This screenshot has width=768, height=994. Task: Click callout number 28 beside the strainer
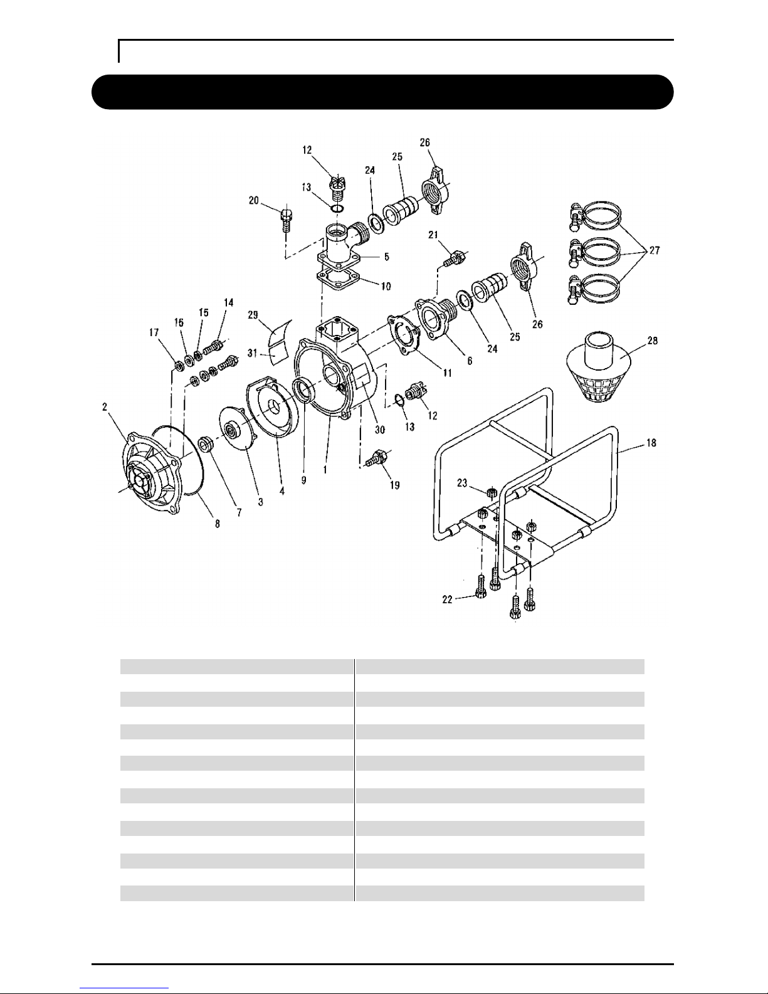tap(653, 341)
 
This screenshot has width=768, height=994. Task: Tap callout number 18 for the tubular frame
tap(651, 443)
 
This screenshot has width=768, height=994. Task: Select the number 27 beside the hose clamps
tap(655, 250)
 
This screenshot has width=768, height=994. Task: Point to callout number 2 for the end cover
tap(105, 406)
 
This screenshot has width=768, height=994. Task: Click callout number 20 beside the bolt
tap(254, 200)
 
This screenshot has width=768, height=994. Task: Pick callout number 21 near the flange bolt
tap(433, 235)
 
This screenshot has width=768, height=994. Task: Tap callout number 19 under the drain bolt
tap(394, 485)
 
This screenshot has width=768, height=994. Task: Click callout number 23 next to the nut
tap(462, 483)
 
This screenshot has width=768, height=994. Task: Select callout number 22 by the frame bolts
tap(447, 600)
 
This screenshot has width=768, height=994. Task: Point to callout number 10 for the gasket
tap(386, 287)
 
